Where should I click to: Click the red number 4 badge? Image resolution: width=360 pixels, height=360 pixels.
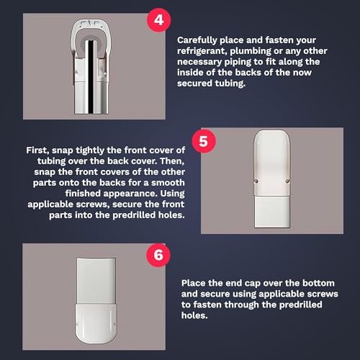click(158, 20)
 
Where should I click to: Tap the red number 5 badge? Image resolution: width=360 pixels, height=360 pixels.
click(204, 141)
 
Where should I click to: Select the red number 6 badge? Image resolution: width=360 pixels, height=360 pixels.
click(158, 255)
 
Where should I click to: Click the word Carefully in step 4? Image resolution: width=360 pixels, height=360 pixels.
click(197, 40)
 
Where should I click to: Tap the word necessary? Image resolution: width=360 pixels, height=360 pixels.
click(199, 62)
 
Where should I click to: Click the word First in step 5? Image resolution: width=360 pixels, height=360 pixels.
click(37, 150)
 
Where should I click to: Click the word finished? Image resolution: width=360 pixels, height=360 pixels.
click(83, 194)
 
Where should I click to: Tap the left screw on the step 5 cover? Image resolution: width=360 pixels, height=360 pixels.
click(256, 181)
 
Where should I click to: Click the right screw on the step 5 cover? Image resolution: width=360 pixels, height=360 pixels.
click(287, 181)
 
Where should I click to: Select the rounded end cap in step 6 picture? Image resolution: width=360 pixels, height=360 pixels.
click(96, 323)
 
